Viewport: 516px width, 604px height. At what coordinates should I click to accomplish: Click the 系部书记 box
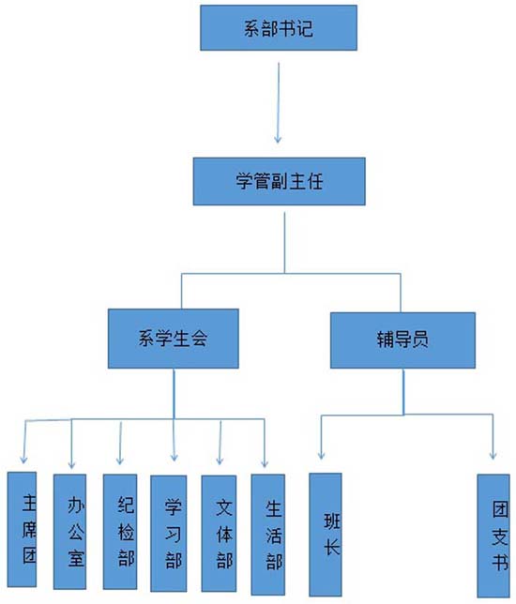coord(279,28)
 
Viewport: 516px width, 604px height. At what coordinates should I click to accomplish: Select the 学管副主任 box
coord(279,181)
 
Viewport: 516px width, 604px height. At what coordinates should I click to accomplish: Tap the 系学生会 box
coord(173,339)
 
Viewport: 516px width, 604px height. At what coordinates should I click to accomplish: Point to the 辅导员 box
coord(402,340)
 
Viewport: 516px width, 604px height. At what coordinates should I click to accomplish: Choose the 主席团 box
coord(22,529)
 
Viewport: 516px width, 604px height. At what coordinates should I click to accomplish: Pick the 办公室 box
coord(69,532)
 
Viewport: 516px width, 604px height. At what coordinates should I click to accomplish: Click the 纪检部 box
coord(120,532)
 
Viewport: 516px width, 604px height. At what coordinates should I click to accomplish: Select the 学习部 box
coord(168,534)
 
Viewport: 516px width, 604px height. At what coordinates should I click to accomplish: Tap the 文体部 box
coord(219,534)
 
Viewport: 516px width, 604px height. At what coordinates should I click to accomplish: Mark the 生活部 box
coord(267,535)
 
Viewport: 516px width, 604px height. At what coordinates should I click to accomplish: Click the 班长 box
coord(326,535)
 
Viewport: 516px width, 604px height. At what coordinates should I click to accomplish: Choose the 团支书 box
coord(493,536)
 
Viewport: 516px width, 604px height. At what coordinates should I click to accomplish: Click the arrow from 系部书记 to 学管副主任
coord(279,103)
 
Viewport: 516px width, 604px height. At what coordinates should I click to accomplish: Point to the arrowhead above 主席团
coord(23,459)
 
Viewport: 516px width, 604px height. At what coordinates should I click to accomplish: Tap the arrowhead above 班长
coord(321,455)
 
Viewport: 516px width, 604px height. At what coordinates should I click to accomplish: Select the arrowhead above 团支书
coord(493,455)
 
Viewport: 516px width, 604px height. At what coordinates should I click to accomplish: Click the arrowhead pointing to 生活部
coord(265,463)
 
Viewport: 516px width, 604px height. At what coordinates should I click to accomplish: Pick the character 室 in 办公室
coord(76,557)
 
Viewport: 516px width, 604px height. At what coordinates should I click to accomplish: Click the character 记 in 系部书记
coord(304,28)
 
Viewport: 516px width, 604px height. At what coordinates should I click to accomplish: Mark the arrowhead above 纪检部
coord(120,461)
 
